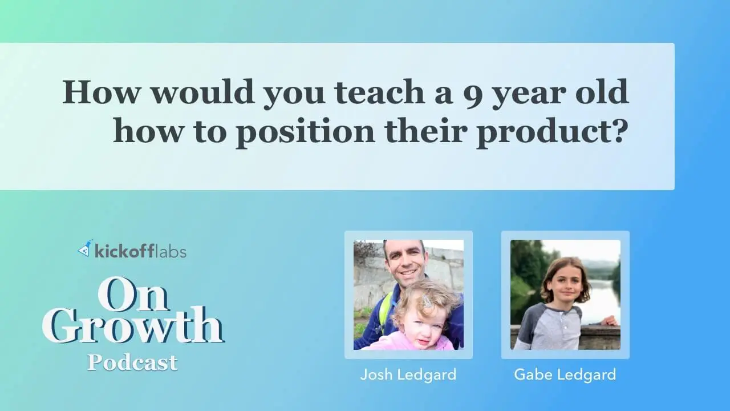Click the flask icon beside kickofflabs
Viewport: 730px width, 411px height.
point(84,248)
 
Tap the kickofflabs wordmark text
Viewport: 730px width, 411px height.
point(140,252)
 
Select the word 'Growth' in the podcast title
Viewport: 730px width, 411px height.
point(133,325)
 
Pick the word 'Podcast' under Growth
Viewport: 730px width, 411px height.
point(132,362)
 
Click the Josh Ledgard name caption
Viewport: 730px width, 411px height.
point(408,375)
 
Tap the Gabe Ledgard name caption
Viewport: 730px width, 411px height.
point(565,375)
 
